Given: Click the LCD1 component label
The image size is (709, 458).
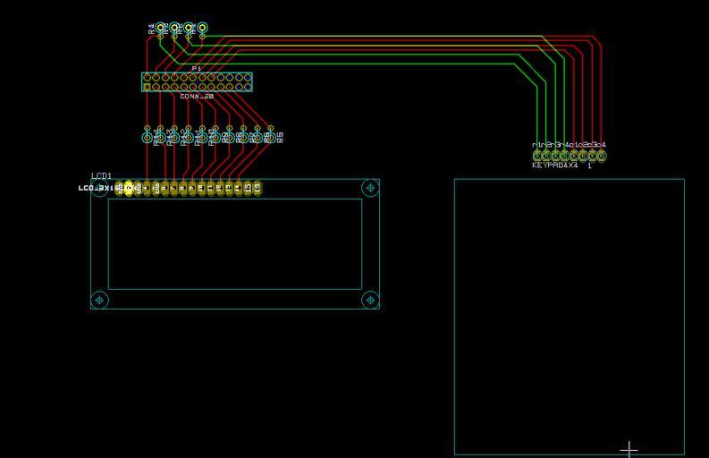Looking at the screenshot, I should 101,176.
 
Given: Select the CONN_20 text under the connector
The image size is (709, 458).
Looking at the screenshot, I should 197,96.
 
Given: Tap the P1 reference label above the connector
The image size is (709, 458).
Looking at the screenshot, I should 197,68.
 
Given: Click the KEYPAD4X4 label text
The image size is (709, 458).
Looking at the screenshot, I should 555,165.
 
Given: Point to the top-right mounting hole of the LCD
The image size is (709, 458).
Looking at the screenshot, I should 370,188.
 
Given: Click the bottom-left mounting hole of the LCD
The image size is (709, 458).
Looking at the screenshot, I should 100,300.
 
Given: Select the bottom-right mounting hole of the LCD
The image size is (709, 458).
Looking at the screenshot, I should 370,300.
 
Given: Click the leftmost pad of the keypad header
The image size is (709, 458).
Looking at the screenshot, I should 536,156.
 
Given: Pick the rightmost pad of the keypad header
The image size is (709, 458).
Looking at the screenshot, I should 602,156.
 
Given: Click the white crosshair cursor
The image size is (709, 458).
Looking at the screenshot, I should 629,448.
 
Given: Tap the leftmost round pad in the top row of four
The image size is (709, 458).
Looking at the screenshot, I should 161,28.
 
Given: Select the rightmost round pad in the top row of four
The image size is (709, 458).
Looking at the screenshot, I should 203,28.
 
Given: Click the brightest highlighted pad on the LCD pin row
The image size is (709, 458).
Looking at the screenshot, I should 128,188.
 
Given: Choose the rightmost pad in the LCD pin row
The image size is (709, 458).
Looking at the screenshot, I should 257,188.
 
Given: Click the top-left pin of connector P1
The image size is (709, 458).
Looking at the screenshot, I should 147,78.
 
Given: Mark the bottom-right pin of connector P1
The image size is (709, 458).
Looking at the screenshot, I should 247,87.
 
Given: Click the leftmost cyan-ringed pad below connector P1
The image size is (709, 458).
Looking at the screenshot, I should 148,136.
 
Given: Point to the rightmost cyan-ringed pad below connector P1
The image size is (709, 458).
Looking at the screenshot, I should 271,136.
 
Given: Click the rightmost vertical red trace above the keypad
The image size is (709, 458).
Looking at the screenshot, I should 602,98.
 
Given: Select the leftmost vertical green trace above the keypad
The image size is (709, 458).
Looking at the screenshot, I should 536,107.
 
